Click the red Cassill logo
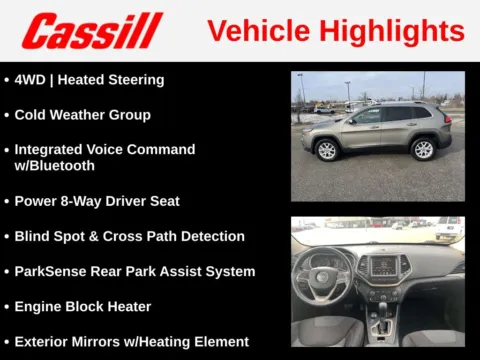point(92,31)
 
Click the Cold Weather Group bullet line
point(82,115)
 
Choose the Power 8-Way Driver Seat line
point(96,201)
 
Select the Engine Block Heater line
point(82,307)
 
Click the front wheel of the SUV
point(326,150)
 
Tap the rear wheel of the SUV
point(423,149)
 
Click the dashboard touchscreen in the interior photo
point(385,266)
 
